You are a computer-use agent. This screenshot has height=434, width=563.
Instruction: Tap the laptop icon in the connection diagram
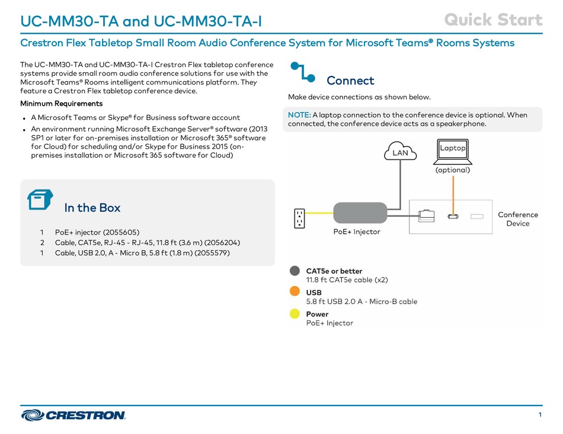click(452, 151)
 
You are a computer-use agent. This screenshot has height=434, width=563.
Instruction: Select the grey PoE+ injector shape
click(360, 213)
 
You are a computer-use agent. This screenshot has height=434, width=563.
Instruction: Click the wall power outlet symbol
click(299, 218)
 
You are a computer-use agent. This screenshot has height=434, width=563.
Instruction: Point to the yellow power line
click(319, 213)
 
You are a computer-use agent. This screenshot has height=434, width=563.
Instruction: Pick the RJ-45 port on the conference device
click(426, 216)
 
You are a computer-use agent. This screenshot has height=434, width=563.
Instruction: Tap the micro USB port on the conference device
click(453, 217)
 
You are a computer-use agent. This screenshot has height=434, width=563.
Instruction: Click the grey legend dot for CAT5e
click(295, 271)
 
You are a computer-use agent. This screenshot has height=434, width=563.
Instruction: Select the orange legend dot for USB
click(295, 292)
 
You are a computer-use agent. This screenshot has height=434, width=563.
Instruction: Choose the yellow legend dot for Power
click(295, 313)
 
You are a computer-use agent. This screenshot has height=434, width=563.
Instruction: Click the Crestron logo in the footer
click(73, 415)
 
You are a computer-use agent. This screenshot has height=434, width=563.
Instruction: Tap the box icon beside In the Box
click(40, 199)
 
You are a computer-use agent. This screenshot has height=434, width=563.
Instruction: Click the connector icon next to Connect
click(303, 72)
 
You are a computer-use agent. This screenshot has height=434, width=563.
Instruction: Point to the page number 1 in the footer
click(540, 414)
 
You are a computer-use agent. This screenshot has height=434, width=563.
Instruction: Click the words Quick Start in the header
click(493, 20)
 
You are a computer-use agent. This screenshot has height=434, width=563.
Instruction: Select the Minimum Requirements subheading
click(62, 103)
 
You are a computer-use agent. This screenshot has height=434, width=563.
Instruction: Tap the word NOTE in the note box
click(299, 115)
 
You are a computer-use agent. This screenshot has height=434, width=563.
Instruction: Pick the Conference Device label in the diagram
click(518, 219)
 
